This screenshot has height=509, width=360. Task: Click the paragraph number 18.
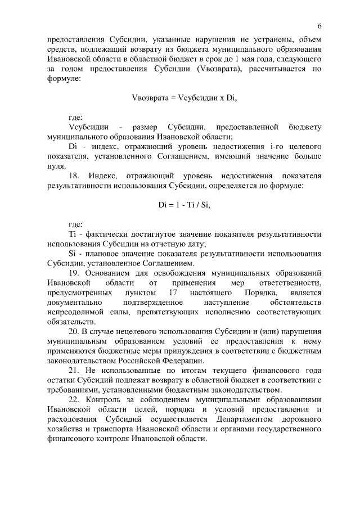[x=74, y=175]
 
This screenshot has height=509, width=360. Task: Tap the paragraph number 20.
[x=74, y=331]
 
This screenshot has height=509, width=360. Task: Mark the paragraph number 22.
[x=74, y=399]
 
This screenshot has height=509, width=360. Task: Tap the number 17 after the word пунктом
[x=173, y=292]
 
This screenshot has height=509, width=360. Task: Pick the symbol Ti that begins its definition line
[x=71, y=233]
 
